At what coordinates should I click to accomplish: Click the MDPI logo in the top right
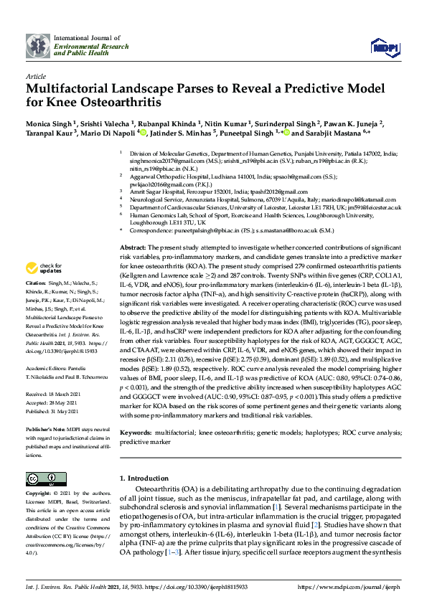point(384,46)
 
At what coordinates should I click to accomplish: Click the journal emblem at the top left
point(37,45)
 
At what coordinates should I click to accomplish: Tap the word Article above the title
point(35,76)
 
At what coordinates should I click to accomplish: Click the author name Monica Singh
point(48,123)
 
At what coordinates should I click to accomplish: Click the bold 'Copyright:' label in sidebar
point(40,494)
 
